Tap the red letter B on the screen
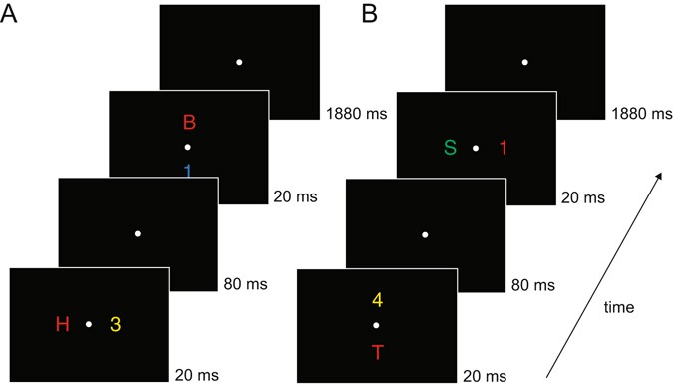point(189,124)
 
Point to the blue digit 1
point(189,171)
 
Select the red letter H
point(63,324)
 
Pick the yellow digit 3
point(116,324)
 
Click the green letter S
point(450,148)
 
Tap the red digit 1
point(504,148)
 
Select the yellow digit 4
point(376,299)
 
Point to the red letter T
point(376,352)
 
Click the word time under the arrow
point(619,309)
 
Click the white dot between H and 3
point(89,324)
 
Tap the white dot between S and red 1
point(476,148)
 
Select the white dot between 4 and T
point(376,326)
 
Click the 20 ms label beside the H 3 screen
point(192,377)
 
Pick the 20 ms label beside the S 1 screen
point(582,198)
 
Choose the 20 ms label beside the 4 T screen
point(484,377)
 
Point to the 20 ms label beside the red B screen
point(295,198)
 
